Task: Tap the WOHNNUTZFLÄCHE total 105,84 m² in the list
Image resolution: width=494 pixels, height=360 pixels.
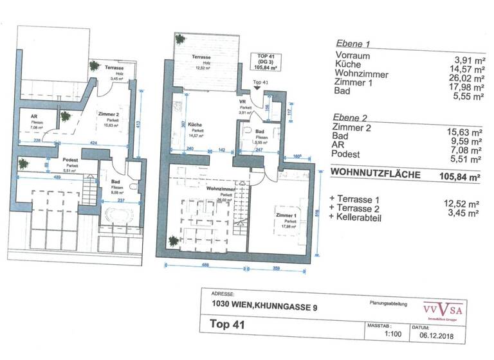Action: [x=460, y=174]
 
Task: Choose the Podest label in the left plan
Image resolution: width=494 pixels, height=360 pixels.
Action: [x=70, y=159]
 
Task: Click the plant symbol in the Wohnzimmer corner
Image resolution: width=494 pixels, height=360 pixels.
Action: [x=173, y=242]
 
